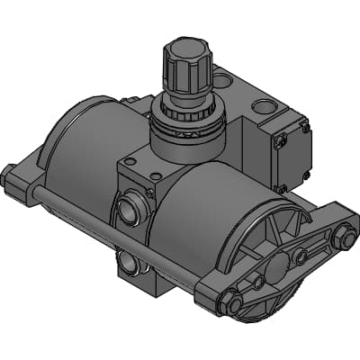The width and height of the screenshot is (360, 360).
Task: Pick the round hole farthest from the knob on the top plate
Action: [264, 107]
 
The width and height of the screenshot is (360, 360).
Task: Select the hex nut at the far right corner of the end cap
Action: [342, 238]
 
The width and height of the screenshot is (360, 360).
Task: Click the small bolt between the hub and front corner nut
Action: [258, 283]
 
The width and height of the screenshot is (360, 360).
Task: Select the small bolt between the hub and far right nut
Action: [301, 256]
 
